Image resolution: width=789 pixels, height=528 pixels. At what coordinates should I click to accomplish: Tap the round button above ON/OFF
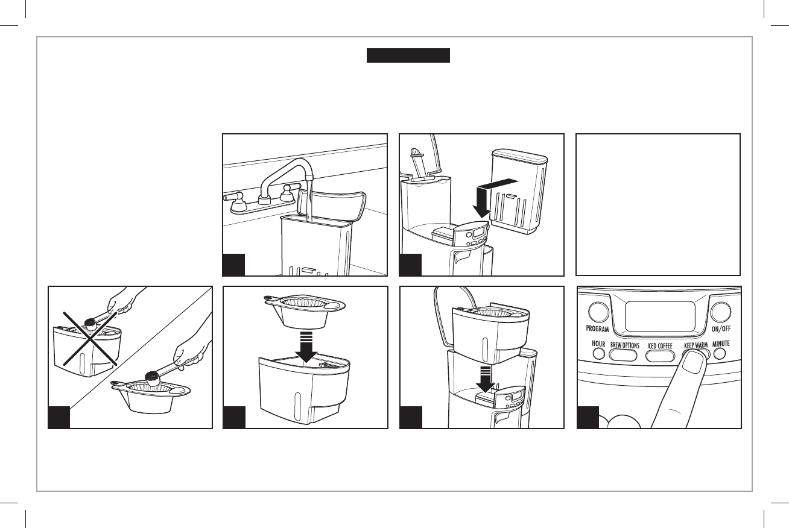point(721,311)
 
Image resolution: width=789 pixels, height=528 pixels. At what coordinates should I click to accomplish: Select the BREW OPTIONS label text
point(624,345)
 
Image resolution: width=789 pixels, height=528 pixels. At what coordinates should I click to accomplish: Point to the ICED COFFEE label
point(660,346)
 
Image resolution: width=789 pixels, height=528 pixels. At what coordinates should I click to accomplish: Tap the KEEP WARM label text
point(695,346)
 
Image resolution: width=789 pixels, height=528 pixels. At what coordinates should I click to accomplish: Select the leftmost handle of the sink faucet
point(233,197)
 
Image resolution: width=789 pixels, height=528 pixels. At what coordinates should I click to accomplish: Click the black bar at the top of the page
point(408,55)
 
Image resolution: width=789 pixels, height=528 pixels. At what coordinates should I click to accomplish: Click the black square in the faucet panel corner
point(234,265)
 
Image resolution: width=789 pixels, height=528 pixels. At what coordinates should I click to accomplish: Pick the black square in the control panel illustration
point(588,417)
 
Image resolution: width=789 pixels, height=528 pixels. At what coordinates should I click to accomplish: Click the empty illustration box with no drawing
point(658,204)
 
